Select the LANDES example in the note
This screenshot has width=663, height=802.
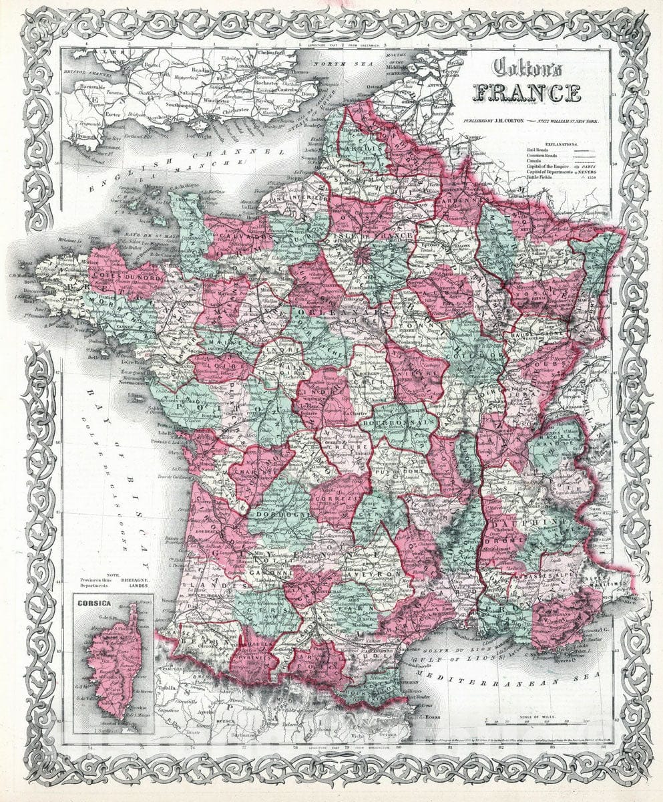click(134, 587)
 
